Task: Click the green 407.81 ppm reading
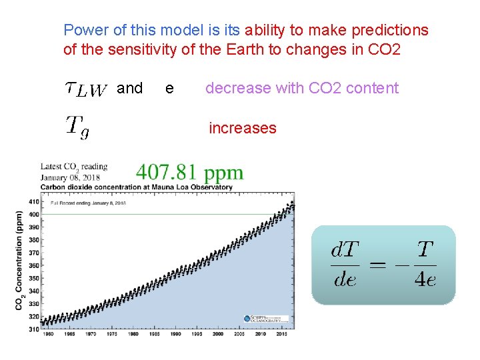[189, 173]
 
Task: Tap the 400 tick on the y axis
[33, 214]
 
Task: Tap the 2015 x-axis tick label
[282, 333]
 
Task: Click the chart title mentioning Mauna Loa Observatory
[137, 187]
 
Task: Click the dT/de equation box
[383, 265]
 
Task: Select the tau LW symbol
[86, 89]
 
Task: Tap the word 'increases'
[243, 128]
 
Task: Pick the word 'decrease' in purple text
[235, 88]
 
